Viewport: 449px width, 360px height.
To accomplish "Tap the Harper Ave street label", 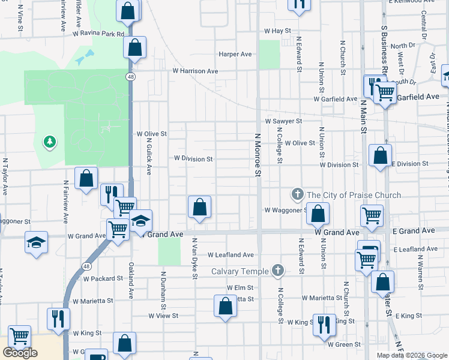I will point(235,54).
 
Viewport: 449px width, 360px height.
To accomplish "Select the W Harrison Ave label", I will point(195,71).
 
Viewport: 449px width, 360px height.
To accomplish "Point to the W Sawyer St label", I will point(283,121).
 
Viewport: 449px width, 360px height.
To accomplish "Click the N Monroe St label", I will point(259,155).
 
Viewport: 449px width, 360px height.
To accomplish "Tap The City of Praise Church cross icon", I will point(297,194).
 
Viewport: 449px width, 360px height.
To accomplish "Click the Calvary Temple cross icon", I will point(277,271).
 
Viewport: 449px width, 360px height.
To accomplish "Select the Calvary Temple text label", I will point(240,272).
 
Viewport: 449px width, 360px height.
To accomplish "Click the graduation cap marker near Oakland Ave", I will point(140,220).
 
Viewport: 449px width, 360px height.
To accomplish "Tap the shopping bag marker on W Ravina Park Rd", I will point(135,46).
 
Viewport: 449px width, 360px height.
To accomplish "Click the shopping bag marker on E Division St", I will point(380,155).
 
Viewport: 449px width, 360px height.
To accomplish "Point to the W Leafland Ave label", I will point(231,255).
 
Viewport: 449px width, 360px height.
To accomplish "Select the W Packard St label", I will point(103,279).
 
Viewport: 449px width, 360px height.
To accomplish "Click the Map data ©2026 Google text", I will point(411,355).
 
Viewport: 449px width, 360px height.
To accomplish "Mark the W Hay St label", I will point(277,31).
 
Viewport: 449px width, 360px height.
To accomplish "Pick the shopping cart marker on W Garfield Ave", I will point(384,92).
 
